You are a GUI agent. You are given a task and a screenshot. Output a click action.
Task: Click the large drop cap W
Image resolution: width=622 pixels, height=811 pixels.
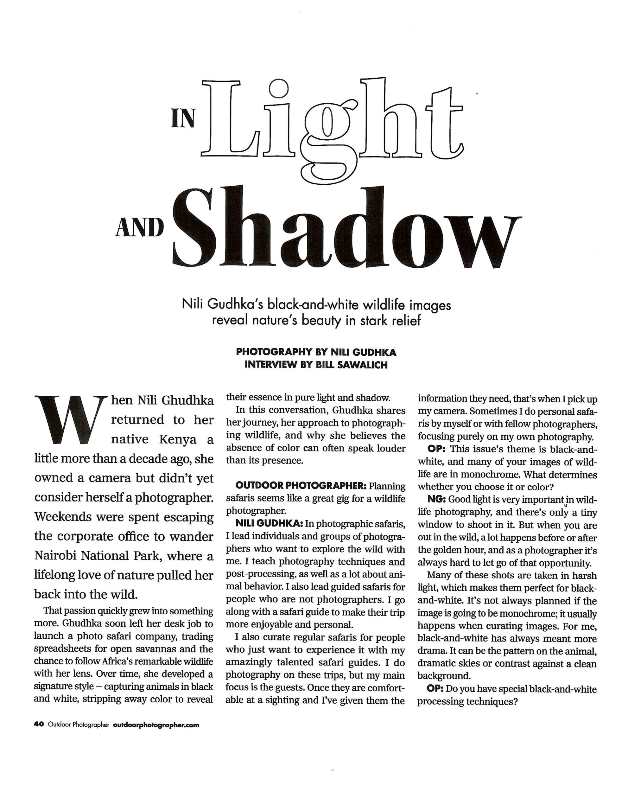[x=69, y=420]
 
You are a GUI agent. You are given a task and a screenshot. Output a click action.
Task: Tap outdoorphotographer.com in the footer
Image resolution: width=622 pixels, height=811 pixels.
[x=155, y=725]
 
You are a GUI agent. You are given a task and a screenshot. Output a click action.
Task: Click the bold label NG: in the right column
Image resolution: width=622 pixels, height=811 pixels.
[x=436, y=499]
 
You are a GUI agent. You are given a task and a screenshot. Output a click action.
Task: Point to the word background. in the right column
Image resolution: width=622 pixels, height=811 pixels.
[x=444, y=675]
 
